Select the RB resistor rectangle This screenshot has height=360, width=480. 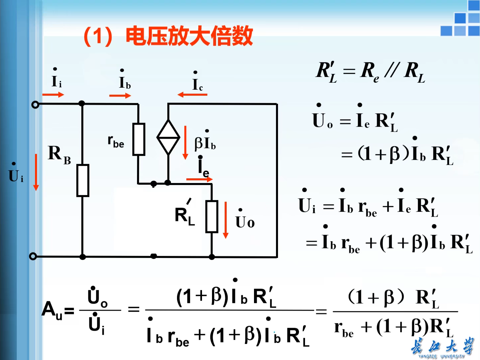pos(83,180)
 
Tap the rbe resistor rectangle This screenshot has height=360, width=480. pos(139,139)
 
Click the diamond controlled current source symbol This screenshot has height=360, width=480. pos(168,137)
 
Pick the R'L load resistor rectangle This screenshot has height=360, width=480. pos(212,216)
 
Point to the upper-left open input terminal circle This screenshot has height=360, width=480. pos(35,105)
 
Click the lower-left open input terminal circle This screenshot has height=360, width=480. pos(33,256)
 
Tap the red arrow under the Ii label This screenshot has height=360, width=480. pos(53,95)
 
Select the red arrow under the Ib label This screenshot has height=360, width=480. pos(120,96)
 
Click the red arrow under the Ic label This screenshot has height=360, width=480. pos(192,95)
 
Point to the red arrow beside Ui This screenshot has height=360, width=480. pos(36,172)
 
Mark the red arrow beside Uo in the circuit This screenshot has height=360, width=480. pos(226,220)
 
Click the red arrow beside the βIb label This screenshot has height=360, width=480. pos(186,143)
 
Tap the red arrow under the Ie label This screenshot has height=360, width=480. pos(199,179)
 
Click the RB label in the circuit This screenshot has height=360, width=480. pos(59,154)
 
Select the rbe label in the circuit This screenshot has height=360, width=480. pos(116,141)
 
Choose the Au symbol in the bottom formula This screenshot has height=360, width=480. pos(52,310)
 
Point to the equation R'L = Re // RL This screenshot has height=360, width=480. pos(370,72)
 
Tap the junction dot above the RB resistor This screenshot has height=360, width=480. pos(82,104)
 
